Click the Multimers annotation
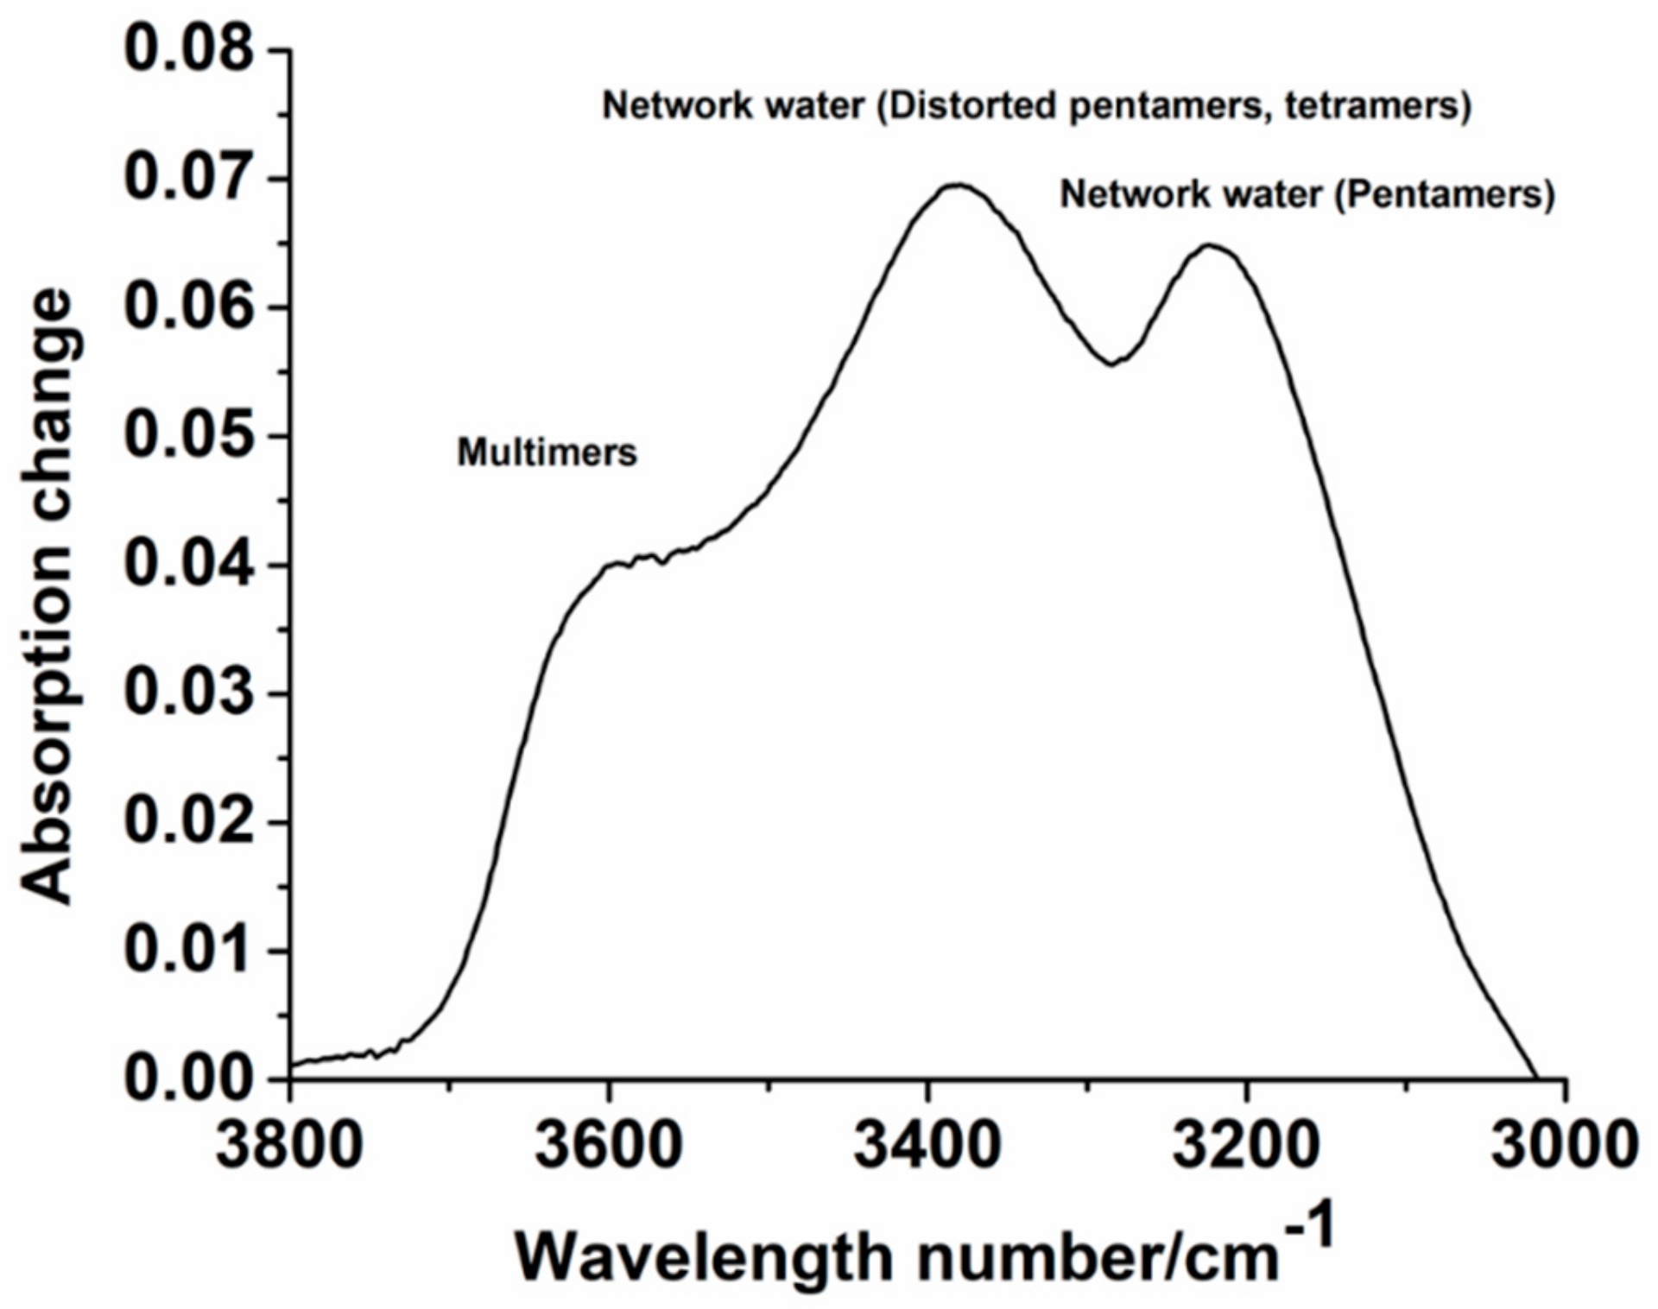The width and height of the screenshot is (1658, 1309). click(547, 452)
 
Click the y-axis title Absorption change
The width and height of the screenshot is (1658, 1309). click(47, 596)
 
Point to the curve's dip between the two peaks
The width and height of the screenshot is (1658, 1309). click(1113, 364)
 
